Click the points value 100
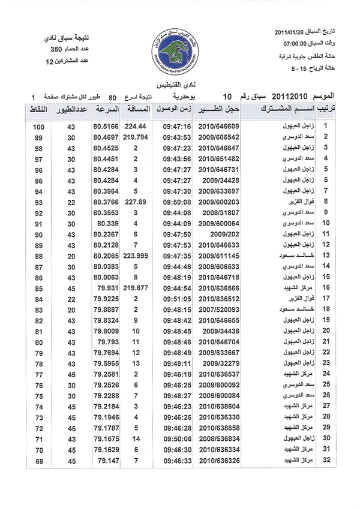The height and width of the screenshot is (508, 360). [x=38, y=127]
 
